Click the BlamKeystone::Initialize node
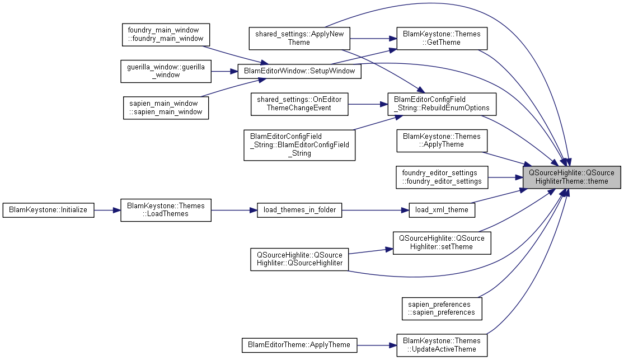[48, 210]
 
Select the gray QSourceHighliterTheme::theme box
[571, 177]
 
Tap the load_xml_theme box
[442, 210]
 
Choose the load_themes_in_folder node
[299, 210]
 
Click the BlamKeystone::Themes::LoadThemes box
[166, 210]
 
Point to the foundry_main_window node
[166, 34]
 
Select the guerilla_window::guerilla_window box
[166, 71]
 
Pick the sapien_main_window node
[166, 107]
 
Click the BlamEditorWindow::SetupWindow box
[299, 71]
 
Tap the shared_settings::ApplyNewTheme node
[299, 38]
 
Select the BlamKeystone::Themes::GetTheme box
[442, 38]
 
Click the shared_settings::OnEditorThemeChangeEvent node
[299, 104]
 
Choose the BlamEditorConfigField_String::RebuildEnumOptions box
[442, 104]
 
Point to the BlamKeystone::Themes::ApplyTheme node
[442, 140]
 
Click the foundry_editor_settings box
[442, 177]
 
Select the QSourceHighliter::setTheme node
[442, 242]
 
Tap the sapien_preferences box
[442, 308]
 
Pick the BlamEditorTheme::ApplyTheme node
[299, 345]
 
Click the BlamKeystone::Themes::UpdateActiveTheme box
[442, 345]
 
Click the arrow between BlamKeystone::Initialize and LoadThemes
[107, 211]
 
